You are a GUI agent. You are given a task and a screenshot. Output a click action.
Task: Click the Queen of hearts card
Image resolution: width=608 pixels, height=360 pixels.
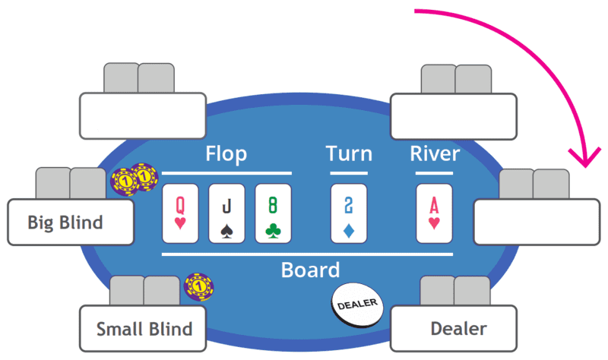coord(180,213)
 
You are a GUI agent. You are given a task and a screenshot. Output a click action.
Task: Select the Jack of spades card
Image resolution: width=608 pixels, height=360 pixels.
coord(226,213)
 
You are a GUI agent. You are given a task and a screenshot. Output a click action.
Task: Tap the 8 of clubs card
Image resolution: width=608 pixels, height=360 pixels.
coord(273,213)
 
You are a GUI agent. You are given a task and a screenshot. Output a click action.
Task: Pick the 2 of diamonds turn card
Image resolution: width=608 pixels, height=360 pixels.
coord(349,213)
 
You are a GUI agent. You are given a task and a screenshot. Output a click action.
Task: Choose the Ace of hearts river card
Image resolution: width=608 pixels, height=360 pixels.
coord(434,213)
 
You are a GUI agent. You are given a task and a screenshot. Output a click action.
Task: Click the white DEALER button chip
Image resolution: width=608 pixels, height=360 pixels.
coord(356,304)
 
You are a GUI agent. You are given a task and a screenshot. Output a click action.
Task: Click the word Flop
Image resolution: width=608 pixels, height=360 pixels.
coord(226,155)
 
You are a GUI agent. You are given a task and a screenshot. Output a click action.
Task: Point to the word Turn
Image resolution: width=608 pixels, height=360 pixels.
coord(349,155)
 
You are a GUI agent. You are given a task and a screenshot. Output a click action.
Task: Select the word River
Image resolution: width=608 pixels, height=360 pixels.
coord(435,155)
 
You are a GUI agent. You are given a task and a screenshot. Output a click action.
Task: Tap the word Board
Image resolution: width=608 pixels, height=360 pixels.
coord(310,270)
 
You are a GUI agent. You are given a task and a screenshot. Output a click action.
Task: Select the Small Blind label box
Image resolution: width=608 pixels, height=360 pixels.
coord(144,329)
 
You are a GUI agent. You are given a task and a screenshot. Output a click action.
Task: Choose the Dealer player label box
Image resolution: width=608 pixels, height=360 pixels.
coord(454,329)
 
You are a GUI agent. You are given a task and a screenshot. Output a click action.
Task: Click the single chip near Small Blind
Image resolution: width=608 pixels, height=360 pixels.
coord(199,286)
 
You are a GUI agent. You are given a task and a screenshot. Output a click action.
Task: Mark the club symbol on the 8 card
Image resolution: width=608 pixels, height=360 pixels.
coord(273,229)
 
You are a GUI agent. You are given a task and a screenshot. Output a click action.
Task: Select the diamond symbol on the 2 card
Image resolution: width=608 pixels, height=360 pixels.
coord(349,229)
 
